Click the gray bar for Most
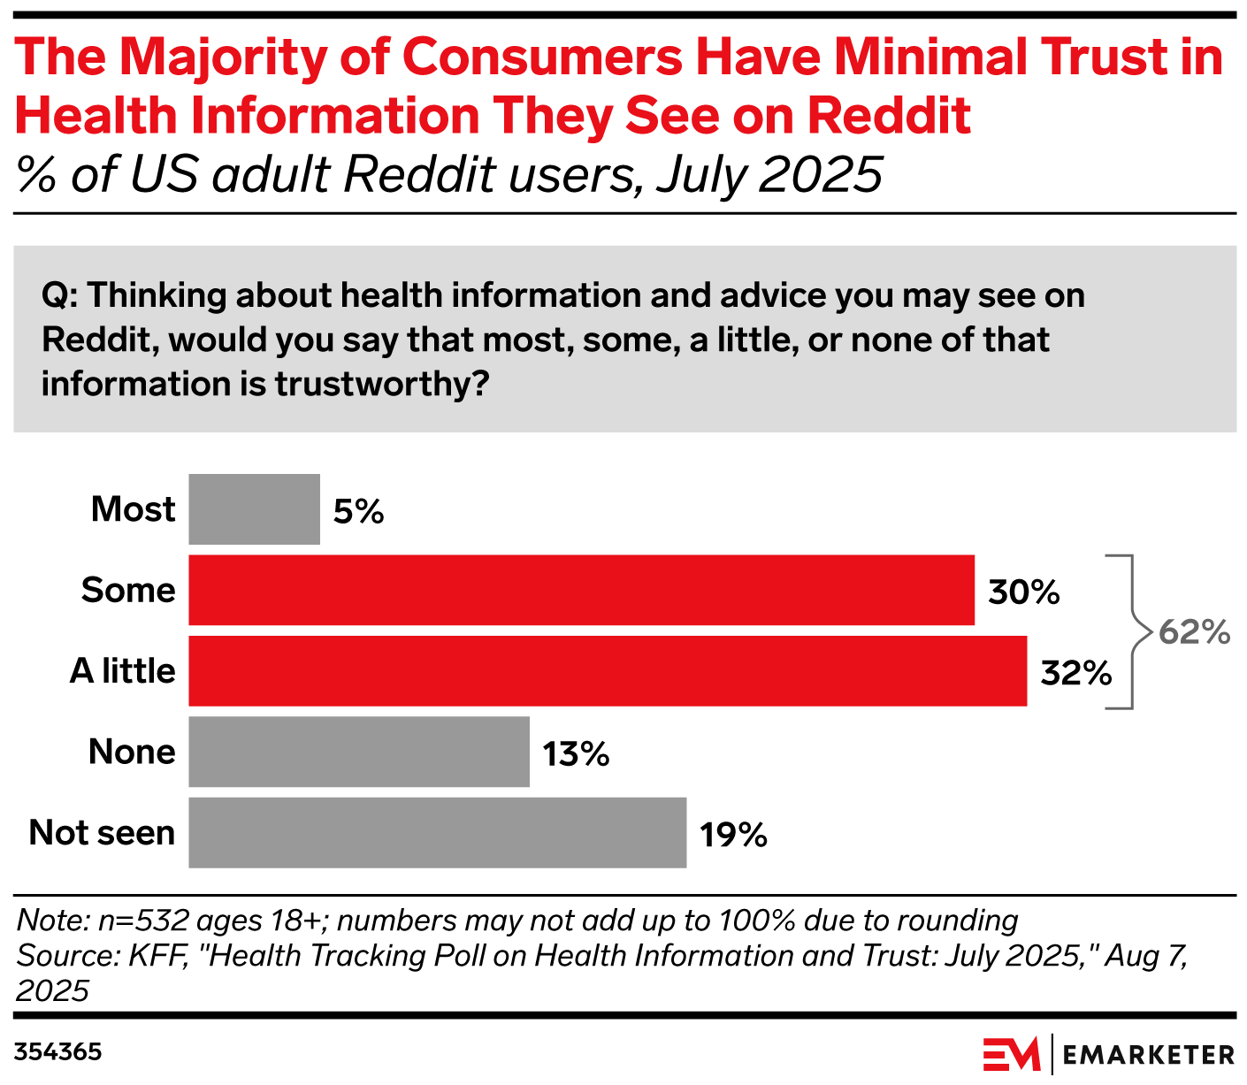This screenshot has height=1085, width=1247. point(254,509)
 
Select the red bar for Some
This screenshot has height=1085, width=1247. point(581,590)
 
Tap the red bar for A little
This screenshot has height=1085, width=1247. point(608,670)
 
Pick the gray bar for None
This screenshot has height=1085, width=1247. point(358,752)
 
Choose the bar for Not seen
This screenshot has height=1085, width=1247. point(437,832)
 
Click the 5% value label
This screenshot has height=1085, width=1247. point(358,511)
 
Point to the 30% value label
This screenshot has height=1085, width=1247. point(1024,592)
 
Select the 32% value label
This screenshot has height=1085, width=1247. point(1076,673)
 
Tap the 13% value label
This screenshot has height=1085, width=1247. point(576,754)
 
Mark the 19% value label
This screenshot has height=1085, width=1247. point(733,835)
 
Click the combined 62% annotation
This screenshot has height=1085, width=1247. point(1194,632)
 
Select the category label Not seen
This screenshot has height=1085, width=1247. point(102,833)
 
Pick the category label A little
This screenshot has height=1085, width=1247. point(122,671)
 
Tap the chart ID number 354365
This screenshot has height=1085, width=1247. point(58,1052)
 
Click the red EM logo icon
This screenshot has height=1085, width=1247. point(1012,1054)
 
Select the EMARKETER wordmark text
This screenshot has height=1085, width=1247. point(1148,1055)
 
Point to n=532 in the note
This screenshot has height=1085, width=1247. point(143,921)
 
